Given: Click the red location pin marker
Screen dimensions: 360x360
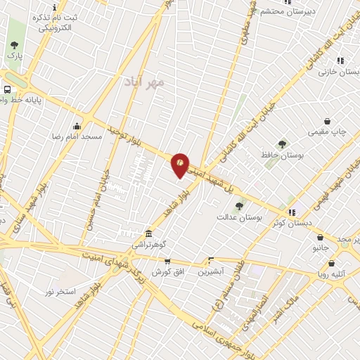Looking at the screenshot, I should point(181,165).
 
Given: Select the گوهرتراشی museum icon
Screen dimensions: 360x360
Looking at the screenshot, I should point(148,233).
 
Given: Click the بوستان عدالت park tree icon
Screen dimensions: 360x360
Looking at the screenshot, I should point(239,206).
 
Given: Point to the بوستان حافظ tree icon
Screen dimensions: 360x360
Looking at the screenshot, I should point(282,144).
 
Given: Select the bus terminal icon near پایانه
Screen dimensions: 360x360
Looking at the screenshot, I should point(7,90).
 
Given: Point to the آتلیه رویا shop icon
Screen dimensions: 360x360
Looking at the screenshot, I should point(331,264).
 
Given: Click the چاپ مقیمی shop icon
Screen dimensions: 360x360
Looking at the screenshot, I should point(327,121).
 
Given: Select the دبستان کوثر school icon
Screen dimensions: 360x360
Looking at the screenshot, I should point(291,212).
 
